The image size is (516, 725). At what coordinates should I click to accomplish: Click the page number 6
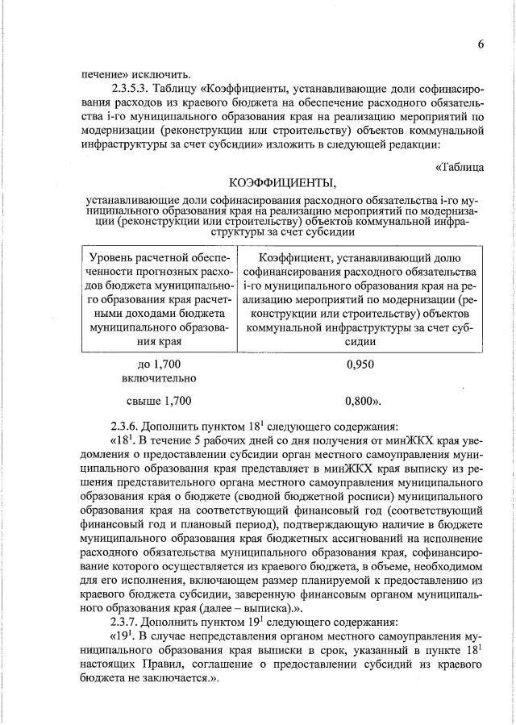pyautogui.click(x=480, y=44)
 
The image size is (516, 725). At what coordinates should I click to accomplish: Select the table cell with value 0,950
pyautogui.click(x=360, y=365)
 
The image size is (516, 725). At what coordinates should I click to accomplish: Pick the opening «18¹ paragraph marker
pyautogui.click(x=125, y=440)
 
